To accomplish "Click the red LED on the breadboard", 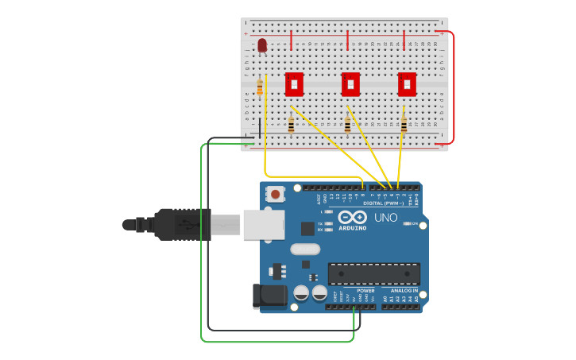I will point(262,45).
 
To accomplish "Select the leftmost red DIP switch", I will point(294,83).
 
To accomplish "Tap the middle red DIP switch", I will point(350,83).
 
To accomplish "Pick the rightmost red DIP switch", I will point(407,83).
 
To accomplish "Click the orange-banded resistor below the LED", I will point(260,87).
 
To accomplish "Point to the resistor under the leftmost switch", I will point(291,125).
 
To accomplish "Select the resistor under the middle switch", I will point(347,125).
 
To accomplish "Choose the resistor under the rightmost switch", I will point(404,125).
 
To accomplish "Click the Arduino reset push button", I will point(276,194).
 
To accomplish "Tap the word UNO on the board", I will point(385,218).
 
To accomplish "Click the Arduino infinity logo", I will point(351,217).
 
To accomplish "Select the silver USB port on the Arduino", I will point(263,224).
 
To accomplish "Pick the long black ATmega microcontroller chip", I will point(373,273).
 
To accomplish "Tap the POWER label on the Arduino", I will point(365,291).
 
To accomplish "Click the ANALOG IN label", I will point(404,291).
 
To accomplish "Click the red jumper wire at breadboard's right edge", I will point(453,87).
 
